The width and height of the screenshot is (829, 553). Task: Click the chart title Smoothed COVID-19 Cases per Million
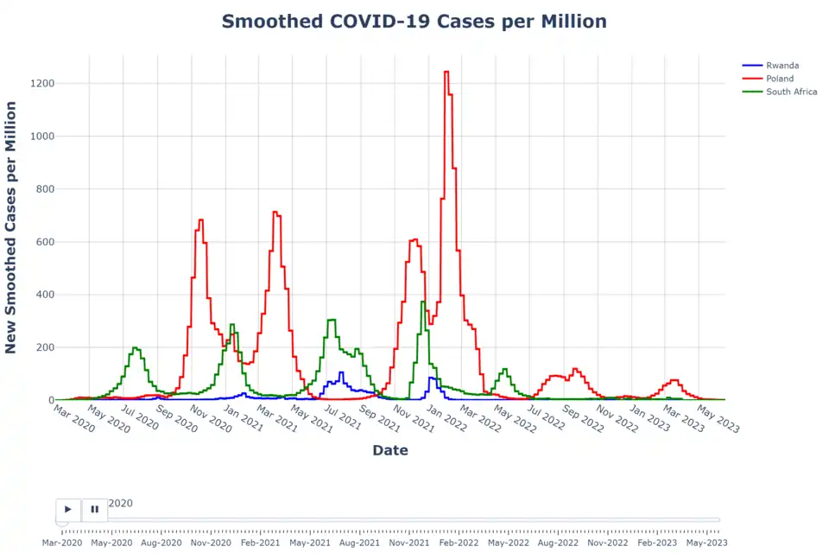[x=414, y=22]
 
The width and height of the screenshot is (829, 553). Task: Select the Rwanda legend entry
[x=782, y=65]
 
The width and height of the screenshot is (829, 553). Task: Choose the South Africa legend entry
[x=791, y=92]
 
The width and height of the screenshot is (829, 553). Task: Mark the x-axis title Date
[x=390, y=450]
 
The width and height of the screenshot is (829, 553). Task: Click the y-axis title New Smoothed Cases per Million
[x=11, y=227]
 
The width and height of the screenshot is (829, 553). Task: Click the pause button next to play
[x=95, y=510]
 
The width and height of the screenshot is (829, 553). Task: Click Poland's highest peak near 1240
[x=446, y=73]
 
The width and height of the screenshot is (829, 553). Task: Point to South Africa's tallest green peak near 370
[x=422, y=302]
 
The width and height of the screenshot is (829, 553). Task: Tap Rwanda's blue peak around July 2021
[x=341, y=373]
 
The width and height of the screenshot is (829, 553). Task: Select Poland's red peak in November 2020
[x=200, y=220]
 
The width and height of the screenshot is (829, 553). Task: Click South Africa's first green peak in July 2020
[x=136, y=348]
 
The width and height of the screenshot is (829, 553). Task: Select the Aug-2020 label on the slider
[x=161, y=543]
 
